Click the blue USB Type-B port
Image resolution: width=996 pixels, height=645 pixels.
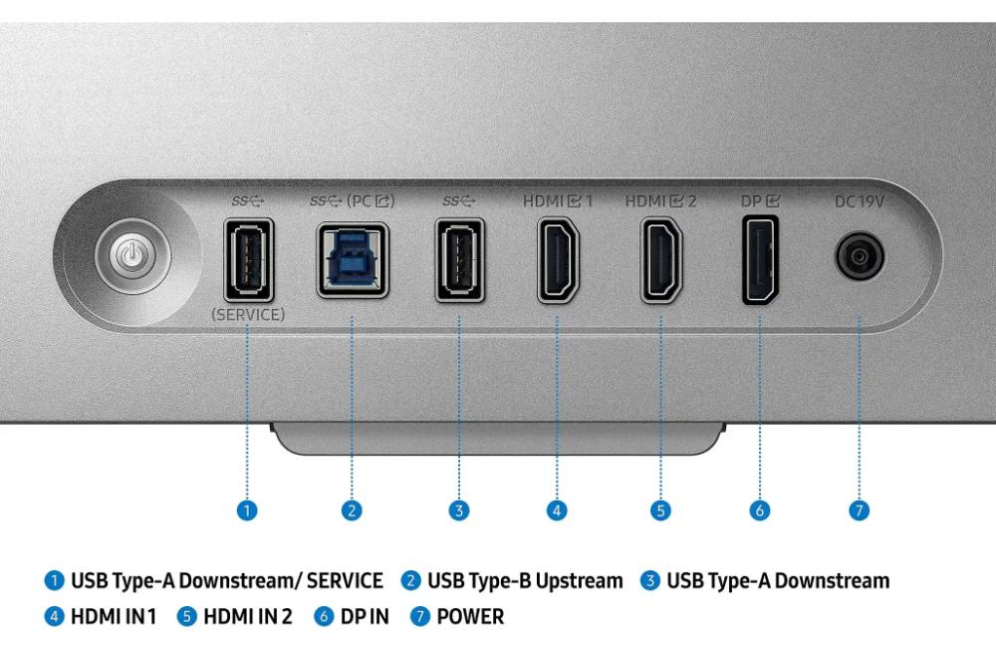(353, 260)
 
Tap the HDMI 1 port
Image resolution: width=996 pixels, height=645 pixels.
(558, 259)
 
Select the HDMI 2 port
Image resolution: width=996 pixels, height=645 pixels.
(661, 259)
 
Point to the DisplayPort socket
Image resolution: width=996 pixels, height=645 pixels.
(760, 259)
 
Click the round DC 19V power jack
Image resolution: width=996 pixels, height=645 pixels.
(859, 256)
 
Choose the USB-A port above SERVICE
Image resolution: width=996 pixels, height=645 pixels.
(248, 260)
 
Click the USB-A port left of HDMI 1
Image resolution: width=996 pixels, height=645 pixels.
(460, 260)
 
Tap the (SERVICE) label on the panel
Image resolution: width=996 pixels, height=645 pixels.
(248, 314)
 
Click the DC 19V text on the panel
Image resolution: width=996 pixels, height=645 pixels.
(859, 201)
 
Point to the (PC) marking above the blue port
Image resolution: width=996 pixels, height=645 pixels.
(371, 201)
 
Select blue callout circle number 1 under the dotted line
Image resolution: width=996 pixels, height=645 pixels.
(247, 510)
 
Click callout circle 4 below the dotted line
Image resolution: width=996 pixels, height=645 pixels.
(557, 510)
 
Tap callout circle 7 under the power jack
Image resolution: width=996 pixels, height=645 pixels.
(859, 510)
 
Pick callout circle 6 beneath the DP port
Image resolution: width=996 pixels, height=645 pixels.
(760, 510)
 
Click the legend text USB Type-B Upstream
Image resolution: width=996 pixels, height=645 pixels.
(525, 581)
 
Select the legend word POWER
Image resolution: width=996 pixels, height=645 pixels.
(470, 616)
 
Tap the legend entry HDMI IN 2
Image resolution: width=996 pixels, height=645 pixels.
(248, 616)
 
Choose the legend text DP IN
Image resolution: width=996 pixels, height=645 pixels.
(365, 616)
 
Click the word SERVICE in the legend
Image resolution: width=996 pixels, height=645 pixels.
(345, 581)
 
